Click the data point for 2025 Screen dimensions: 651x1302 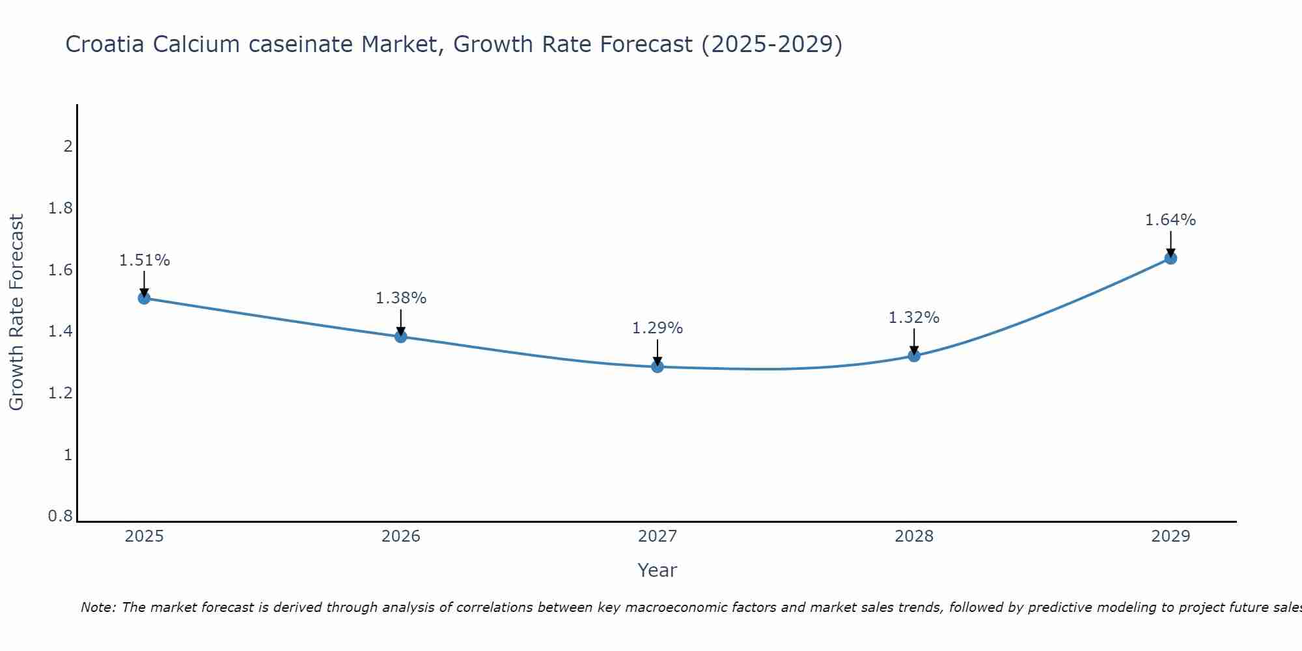pyautogui.click(x=144, y=298)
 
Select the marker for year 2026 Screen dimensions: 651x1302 pyautogui.click(x=401, y=337)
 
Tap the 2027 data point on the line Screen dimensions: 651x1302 pyautogui.click(x=658, y=367)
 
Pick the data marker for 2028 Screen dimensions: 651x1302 pyautogui.click(x=914, y=355)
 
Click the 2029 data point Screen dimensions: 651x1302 pyautogui.click(x=1170, y=258)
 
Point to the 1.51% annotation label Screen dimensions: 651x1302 pyautogui.click(x=145, y=260)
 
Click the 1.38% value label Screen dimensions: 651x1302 pyautogui.click(x=401, y=298)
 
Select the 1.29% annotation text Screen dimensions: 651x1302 pyautogui.click(x=658, y=328)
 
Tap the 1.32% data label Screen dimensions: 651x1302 pyautogui.click(x=914, y=318)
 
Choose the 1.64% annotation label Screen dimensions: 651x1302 pyautogui.click(x=1170, y=220)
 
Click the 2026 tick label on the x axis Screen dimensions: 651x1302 pyautogui.click(x=401, y=536)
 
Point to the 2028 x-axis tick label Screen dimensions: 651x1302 pyautogui.click(x=914, y=536)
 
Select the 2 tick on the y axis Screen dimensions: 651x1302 pyautogui.click(x=68, y=146)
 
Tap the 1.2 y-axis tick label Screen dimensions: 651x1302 pyautogui.click(x=61, y=393)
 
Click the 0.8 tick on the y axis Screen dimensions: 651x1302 pyautogui.click(x=61, y=516)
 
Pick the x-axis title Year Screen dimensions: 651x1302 pyautogui.click(x=658, y=570)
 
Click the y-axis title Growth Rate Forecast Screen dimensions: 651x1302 pyautogui.click(x=16, y=312)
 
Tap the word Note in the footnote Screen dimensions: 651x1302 pyautogui.click(x=98, y=607)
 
